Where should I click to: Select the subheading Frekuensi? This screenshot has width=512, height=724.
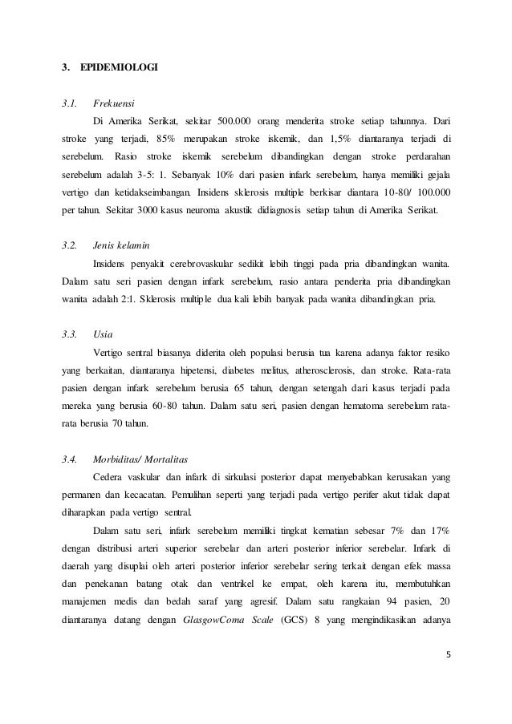tap(113, 103)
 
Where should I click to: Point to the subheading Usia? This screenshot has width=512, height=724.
tap(102, 333)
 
